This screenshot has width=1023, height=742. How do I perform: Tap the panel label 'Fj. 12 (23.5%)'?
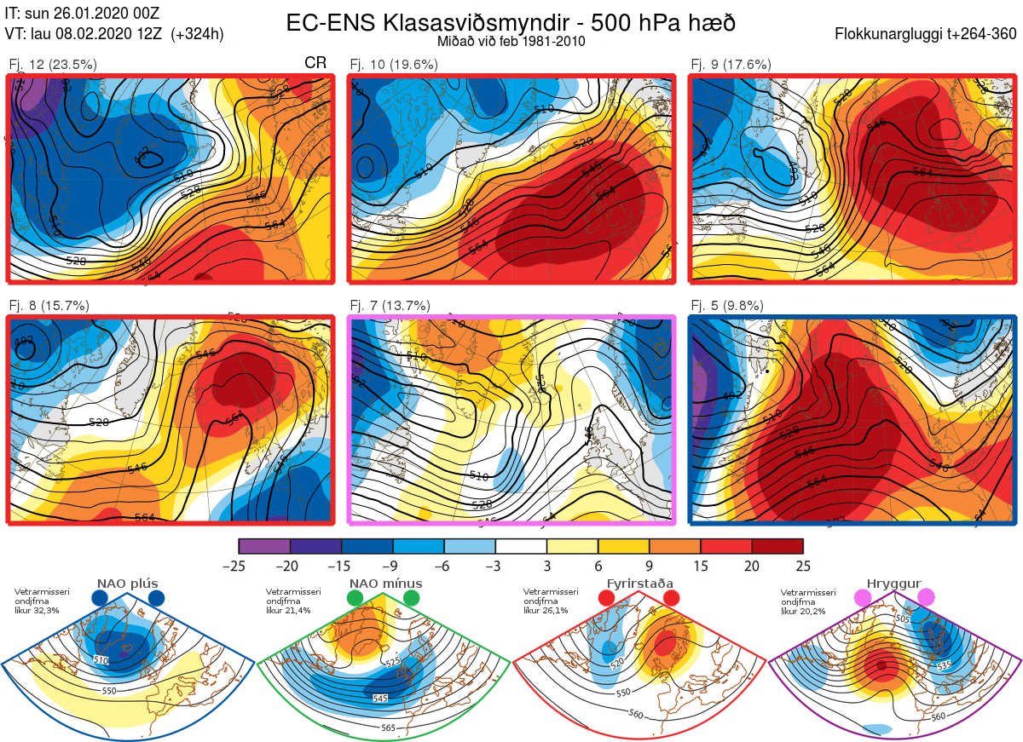[x=53, y=65]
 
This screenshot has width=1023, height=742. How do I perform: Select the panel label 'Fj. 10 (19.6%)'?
[x=394, y=65]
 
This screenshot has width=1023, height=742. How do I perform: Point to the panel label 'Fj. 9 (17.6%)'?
[x=731, y=65]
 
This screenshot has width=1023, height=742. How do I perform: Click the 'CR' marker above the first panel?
[x=315, y=63]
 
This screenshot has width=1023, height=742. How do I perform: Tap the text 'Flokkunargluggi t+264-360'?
[x=928, y=35]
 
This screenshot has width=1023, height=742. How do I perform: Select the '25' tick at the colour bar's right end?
[x=800, y=566]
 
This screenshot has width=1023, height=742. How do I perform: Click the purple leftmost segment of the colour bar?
[x=264, y=546]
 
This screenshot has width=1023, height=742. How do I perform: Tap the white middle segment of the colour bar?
[x=521, y=546]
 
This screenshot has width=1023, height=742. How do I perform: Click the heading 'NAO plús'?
[x=127, y=584]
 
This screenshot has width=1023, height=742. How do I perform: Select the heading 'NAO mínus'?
[x=385, y=584]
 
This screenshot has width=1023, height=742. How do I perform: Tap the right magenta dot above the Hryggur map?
[x=926, y=599]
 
